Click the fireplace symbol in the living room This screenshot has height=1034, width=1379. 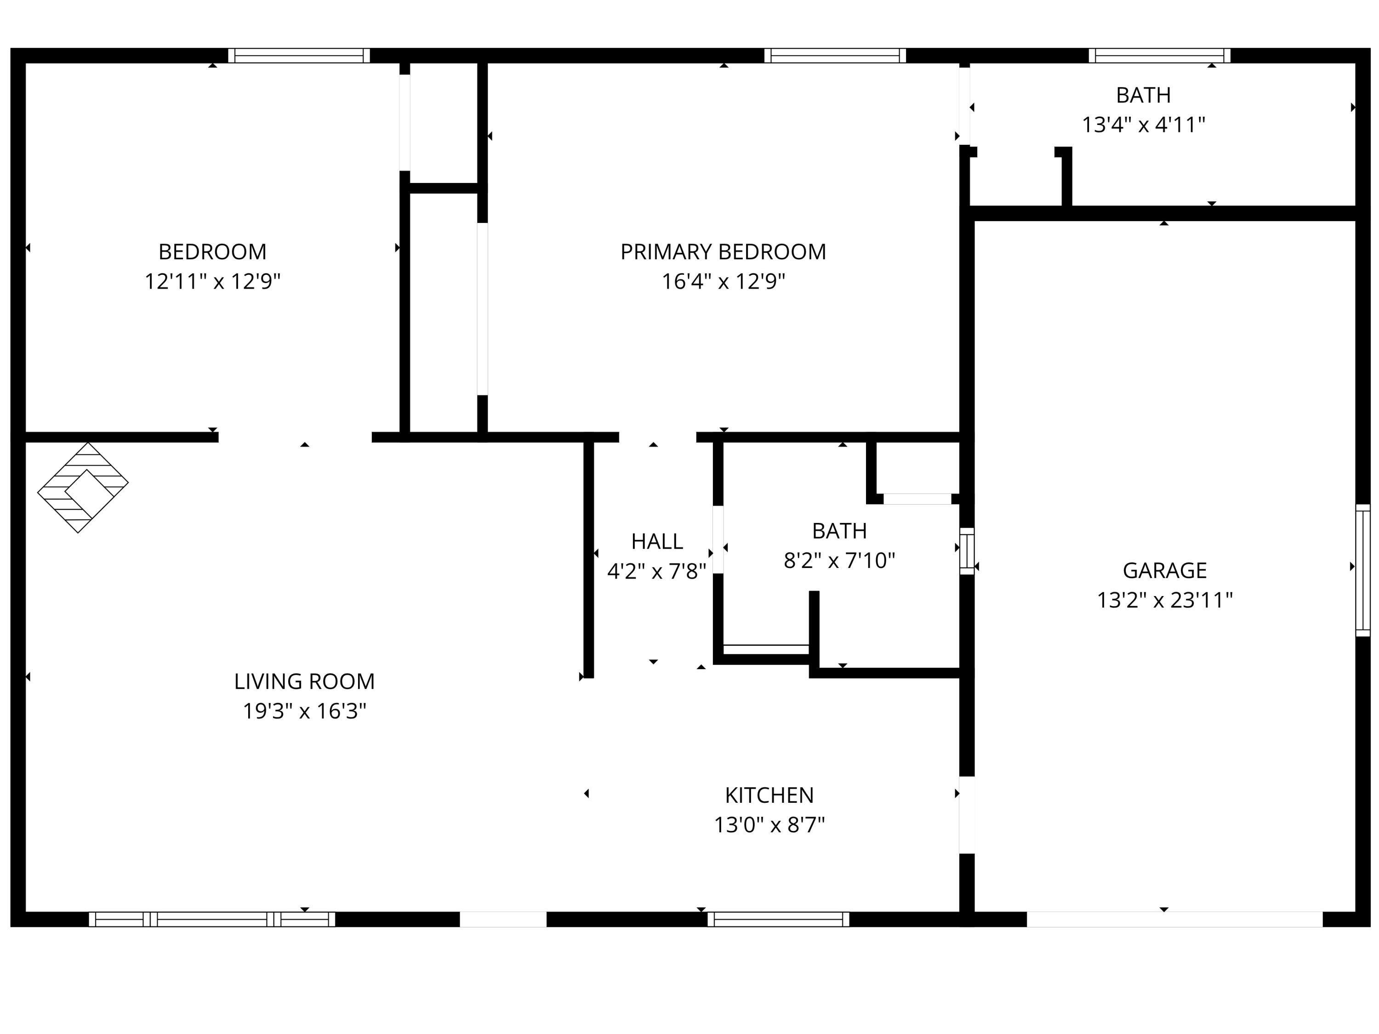tap(83, 488)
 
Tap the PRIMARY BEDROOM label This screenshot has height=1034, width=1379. tap(723, 252)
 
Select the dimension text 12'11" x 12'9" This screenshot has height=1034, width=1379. tap(212, 282)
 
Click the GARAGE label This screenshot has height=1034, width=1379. tap(1164, 570)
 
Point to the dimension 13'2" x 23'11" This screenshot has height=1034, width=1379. tap(1164, 600)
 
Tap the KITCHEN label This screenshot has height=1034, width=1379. tap(769, 795)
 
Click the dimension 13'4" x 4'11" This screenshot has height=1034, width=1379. tap(1143, 125)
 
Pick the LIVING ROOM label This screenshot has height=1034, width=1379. tap(304, 681)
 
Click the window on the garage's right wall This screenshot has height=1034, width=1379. tap(1363, 570)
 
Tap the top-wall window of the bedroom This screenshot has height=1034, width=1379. tap(299, 56)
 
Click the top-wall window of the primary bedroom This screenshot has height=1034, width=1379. tap(835, 56)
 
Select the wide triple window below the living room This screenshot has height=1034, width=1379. tap(212, 919)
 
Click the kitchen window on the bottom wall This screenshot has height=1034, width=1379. tap(778, 919)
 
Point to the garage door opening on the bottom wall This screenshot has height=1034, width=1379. tap(1174, 919)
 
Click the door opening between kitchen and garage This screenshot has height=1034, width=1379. tap(966, 815)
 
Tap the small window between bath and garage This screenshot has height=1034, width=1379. tap(966, 551)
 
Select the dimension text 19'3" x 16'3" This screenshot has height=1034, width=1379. tap(304, 711)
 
